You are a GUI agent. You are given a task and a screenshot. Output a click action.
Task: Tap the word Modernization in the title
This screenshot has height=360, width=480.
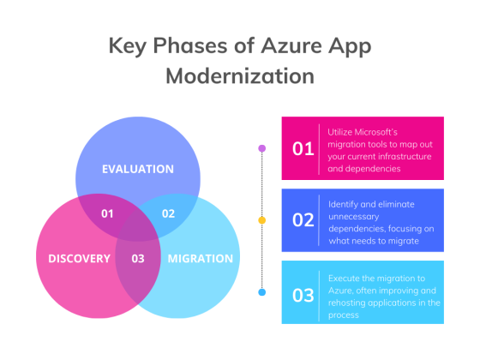tap(239, 75)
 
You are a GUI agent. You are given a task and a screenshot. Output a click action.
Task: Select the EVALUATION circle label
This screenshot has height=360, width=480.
tap(137, 169)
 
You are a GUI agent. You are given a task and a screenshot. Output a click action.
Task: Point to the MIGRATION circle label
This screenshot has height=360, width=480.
tap(200, 258)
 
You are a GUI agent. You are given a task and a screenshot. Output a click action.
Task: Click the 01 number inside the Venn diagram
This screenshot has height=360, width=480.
tap(107, 213)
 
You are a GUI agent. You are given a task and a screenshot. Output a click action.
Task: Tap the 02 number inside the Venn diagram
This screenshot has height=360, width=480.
tap(168, 213)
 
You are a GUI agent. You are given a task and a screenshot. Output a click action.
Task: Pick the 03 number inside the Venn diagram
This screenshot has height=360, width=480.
tap(137, 258)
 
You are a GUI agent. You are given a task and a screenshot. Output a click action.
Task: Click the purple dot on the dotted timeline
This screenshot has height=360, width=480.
tap(262, 148)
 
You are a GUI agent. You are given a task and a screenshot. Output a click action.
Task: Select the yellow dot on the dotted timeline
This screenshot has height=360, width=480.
tap(262, 220)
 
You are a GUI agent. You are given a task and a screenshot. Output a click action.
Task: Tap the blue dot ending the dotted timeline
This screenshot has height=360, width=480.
tap(262, 292)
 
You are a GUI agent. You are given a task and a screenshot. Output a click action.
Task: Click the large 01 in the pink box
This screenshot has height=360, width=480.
tap(303, 148)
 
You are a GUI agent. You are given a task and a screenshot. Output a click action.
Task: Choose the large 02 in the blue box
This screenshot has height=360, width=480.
tap(303, 220)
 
